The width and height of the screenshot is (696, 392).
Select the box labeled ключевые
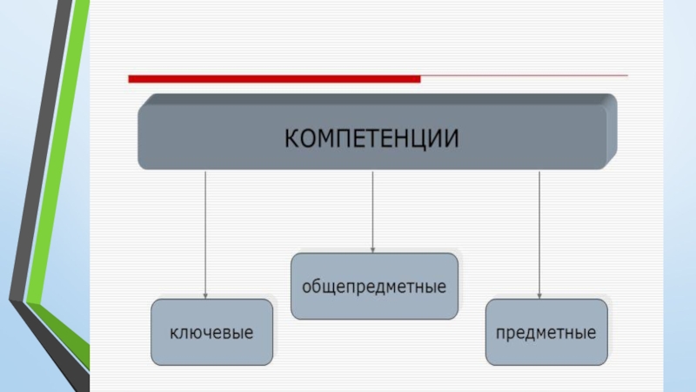pyautogui.click(x=212, y=332)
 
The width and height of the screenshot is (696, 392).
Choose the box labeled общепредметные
pyautogui.click(x=374, y=286)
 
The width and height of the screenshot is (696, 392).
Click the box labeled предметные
pyautogui.click(x=545, y=332)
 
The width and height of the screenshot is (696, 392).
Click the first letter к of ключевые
pyautogui.click(x=174, y=333)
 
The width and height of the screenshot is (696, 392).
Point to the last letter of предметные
pyautogui.click(x=592, y=333)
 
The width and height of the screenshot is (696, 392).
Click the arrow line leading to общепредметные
pyautogui.click(x=372, y=209)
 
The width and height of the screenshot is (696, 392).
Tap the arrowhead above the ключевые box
pyautogui.click(x=205, y=294)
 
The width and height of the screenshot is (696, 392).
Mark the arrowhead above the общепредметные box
pyautogui.click(x=372, y=249)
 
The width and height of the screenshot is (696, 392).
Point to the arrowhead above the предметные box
pyautogui.click(x=539, y=294)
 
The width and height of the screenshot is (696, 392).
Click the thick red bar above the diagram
pyautogui.click(x=274, y=79)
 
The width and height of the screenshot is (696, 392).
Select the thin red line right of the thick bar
pyautogui.click(x=522, y=77)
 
